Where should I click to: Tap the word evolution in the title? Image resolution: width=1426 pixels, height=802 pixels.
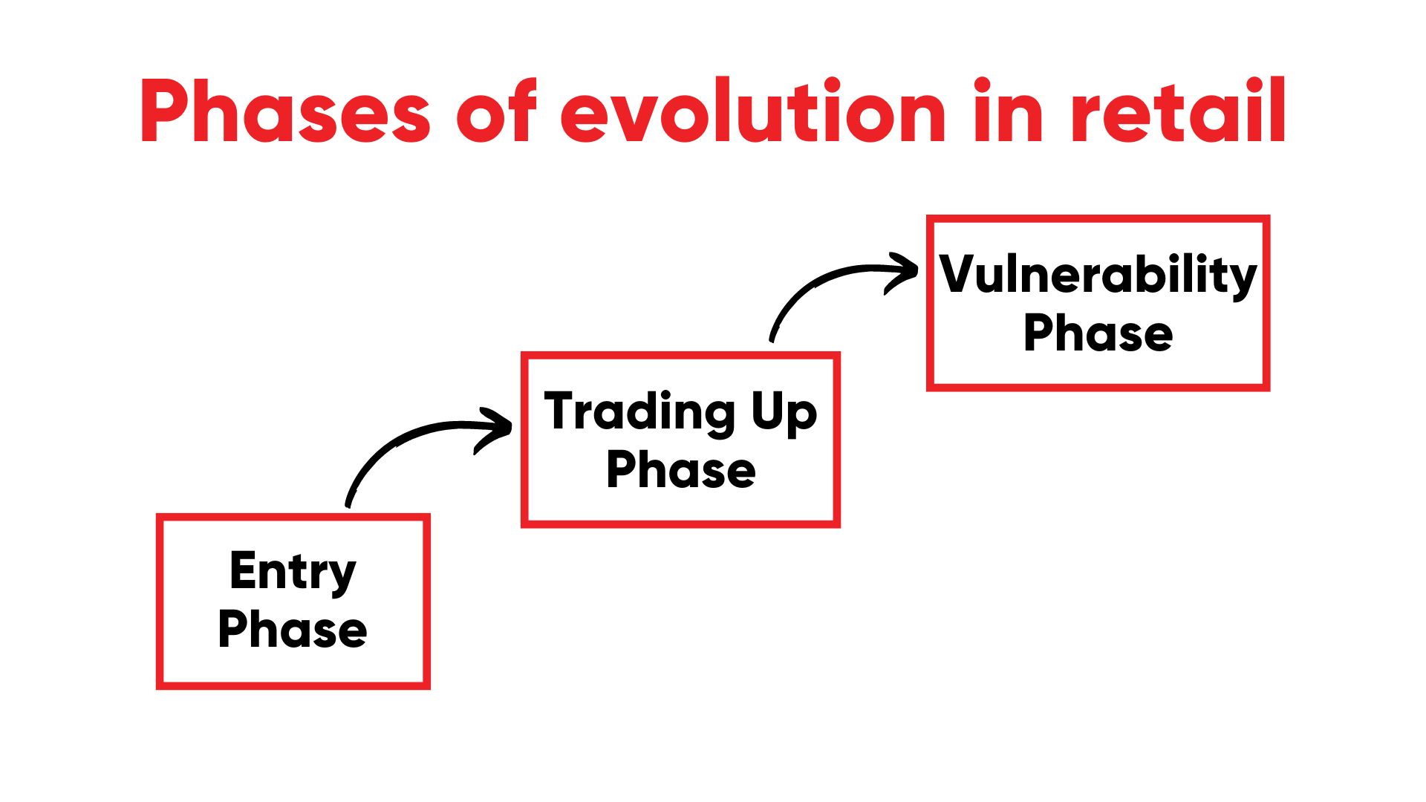point(753,111)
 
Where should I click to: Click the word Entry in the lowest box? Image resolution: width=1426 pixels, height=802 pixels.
point(293,572)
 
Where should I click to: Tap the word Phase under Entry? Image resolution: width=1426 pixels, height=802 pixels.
point(293,630)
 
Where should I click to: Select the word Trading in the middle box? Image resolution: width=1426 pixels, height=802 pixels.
point(639,412)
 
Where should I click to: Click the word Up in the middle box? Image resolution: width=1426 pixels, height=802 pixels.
point(784,412)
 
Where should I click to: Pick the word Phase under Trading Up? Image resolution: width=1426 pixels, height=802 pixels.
point(681,470)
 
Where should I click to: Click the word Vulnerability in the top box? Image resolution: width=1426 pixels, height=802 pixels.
point(1098,275)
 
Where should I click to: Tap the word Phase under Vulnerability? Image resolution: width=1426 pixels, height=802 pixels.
point(1098,333)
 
